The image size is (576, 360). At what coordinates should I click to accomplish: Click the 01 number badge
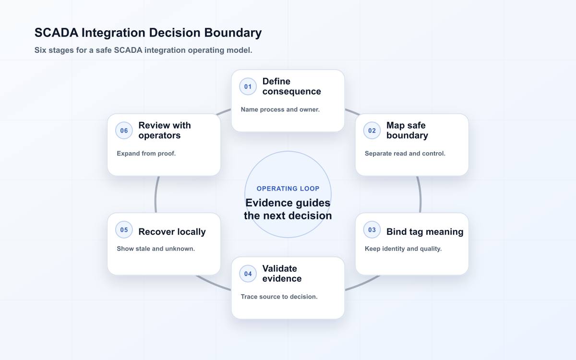coord(248,86)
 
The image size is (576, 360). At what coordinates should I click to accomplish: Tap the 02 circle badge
coord(372,131)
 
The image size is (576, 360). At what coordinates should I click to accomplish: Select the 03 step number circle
coord(372,229)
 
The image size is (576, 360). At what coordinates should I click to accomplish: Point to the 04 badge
coord(248,274)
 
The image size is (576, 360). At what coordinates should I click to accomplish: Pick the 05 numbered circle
coord(124,229)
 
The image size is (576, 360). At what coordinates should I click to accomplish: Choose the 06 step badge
coord(124,131)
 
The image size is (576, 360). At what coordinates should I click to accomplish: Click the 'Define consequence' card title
coord(292,86)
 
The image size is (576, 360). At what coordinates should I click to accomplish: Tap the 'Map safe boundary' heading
coord(408,131)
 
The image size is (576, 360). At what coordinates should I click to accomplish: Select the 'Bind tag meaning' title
coord(425,232)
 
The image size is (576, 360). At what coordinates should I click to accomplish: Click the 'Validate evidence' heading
coord(282,274)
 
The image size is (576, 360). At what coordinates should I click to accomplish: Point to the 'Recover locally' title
coord(172,232)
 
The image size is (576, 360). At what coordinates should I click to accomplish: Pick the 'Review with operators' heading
coord(165,131)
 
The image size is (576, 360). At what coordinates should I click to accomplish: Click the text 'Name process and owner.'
coord(280,109)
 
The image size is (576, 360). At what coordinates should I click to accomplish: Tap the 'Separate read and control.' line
coord(405,154)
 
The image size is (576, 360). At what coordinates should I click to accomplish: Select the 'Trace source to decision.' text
coord(279,297)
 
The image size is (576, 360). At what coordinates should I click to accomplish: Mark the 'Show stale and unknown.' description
coord(156,249)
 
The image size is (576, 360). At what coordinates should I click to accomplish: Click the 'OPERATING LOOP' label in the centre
coord(288,189)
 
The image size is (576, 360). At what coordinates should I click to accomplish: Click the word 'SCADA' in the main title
coord(56,33)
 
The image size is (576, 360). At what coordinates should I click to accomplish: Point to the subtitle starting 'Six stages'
coord(143,50)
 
